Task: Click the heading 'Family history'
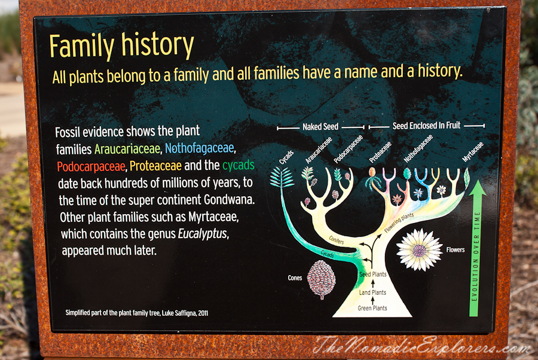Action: point(122,45)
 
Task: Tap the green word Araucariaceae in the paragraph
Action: point(127,149)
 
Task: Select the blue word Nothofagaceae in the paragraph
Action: point(200,148)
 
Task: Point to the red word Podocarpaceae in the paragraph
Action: point(91,166)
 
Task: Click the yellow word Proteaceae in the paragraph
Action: point(155,166)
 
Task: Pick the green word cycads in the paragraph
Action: point(239,166)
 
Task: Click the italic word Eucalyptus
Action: point(203,234)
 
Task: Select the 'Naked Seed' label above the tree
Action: point(320,127)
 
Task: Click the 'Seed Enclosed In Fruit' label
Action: point(426,126)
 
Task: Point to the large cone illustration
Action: point(321,279)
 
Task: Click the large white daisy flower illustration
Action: point(419,249)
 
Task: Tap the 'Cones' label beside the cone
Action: point(295,278)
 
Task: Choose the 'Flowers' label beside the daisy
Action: point(456,250)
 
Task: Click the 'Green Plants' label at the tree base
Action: point(372,308)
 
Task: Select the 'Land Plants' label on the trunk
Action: point(372,292)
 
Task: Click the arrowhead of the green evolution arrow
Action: point(478,188)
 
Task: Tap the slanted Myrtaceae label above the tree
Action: point(472,152)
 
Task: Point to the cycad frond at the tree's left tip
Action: point(281,177)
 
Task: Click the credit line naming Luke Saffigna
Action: point(136,313)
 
